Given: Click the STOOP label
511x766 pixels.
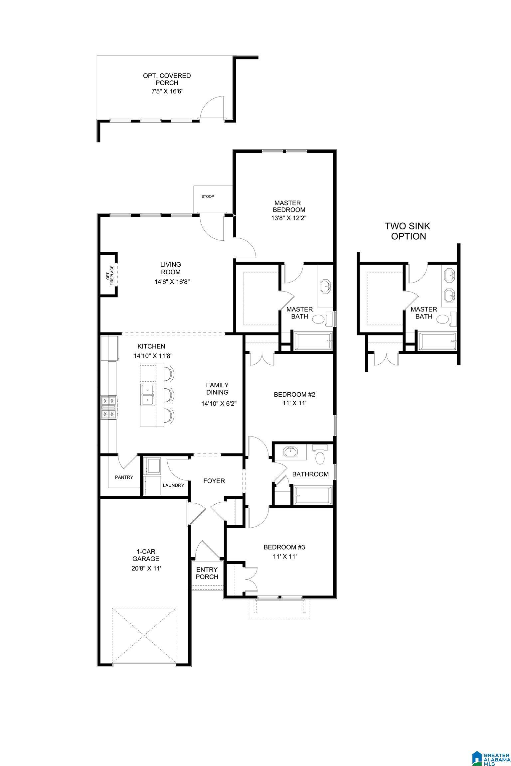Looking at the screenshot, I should pos(208,196).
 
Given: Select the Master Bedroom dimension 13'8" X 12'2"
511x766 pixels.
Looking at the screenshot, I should pos(288,218).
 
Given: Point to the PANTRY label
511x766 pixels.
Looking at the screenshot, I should pos(124,477).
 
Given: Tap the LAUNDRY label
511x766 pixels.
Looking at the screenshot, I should pos(173,485).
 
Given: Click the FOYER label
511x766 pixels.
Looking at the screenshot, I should pos(214,481).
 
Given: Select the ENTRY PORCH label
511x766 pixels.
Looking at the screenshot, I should pos(207,573).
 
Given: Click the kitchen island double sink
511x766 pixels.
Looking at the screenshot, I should pos(148,395).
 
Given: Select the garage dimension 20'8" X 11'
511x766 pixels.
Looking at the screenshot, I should pos(146,568).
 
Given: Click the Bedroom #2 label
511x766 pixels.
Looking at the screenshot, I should pos(294,395).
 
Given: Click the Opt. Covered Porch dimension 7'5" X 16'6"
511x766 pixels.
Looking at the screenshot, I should pos(167,91).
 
